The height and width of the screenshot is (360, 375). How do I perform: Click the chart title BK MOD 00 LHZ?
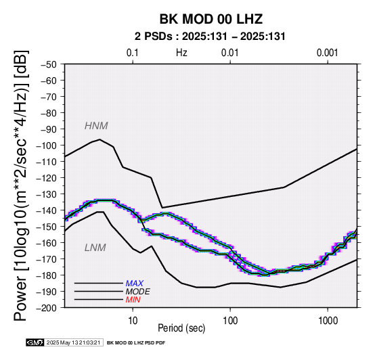211,19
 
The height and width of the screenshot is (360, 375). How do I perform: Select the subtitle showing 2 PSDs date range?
210,37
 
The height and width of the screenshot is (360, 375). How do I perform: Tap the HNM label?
96,126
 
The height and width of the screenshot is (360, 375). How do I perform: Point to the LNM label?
95,248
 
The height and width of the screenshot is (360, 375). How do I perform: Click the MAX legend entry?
135,284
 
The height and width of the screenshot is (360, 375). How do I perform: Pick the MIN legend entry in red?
133,300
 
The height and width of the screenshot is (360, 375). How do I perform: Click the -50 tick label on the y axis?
49,64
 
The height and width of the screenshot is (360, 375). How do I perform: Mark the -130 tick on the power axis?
47,194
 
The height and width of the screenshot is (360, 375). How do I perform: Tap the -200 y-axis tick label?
47,308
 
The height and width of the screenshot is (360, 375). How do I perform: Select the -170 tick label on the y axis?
47,259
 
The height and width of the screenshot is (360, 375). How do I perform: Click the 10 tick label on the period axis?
133,321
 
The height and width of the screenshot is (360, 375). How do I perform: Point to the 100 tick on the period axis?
230,321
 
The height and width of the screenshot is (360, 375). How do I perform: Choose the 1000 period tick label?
328,321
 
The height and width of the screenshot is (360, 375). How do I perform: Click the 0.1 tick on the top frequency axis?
133,53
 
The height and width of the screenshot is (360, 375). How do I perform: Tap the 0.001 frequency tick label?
328,53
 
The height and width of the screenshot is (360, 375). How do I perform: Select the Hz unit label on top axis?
181,53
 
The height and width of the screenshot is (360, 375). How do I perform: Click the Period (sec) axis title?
181,328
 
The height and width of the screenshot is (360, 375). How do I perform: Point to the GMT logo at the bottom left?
35,342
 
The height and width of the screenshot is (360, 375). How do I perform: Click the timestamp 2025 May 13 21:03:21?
73,342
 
